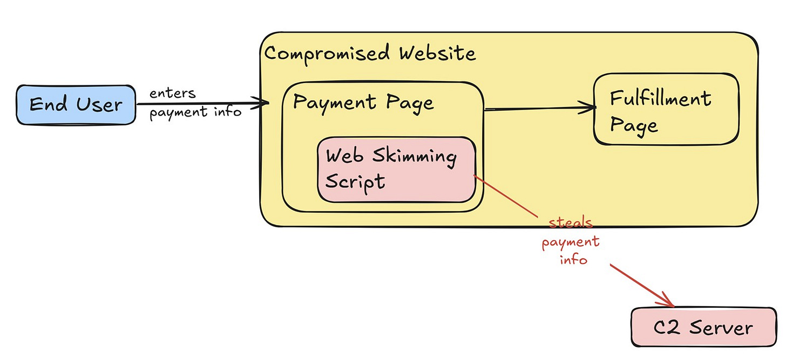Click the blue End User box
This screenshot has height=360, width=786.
(x=75, y=105)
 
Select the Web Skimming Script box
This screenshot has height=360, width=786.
(x=396, y=169)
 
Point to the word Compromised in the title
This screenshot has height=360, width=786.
(x=327, y=54)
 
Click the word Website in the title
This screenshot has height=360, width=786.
(x=437, y=54)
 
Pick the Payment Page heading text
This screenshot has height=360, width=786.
(x=363, y=102)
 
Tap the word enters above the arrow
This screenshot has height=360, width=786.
(x=173, y=93)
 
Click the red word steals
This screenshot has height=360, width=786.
(x=571, y=222)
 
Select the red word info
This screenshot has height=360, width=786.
(x=573, y=260)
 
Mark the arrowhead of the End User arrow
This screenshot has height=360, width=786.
(x=265, y=103)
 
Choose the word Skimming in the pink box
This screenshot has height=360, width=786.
(x=415, y=156)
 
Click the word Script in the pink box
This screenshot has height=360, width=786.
(x=355, y=181)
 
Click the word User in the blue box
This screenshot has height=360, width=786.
(x=99, y=105)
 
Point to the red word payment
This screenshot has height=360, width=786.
(x=571, y=242)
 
